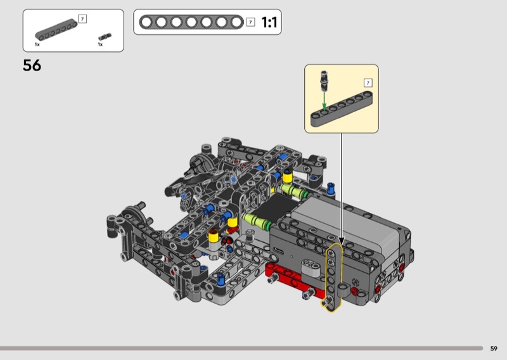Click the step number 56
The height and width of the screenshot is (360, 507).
pos(32,65)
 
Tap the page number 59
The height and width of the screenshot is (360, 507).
pos(494,349)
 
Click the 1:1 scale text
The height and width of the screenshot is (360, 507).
pos(269,22)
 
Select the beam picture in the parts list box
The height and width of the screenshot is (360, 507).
pos(56,30)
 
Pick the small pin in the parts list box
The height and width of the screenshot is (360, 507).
pos(105,37)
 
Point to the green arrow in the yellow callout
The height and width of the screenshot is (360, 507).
pos(324,101)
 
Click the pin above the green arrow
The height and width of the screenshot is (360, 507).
pos(324,80)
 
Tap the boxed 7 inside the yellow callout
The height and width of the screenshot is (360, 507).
pos(368,83)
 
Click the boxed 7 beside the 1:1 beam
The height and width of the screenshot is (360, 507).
pos(250,22)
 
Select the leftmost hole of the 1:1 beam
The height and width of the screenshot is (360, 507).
pos(146,22)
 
